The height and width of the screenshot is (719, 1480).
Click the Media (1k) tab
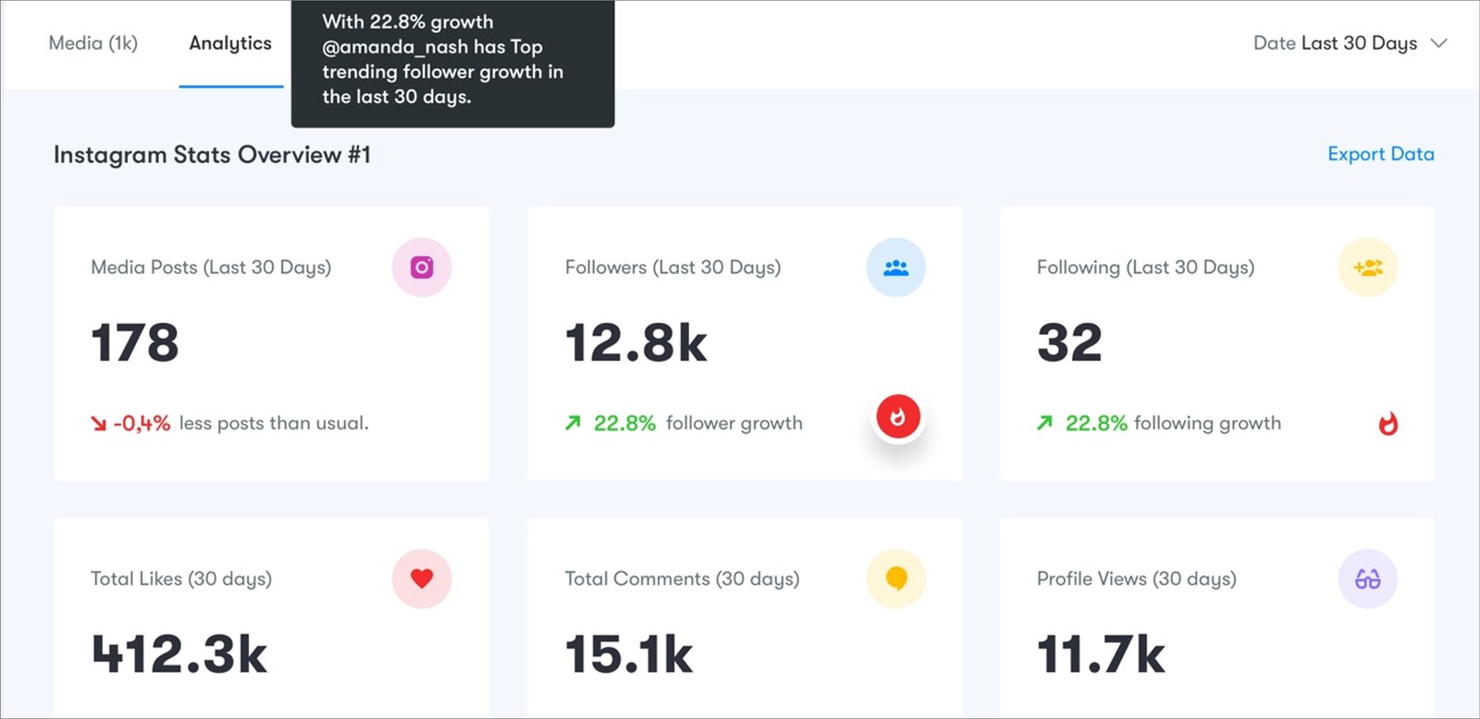[x=92, y=43]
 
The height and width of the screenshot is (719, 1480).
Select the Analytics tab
[x=230, y=43]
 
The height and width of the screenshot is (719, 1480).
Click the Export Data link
[x=1380, y=155]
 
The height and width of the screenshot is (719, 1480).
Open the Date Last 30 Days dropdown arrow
[x=1438, y=43]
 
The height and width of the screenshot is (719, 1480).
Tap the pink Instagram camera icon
[x=422, y=267]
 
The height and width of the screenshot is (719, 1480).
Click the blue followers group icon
[x=895, y=267]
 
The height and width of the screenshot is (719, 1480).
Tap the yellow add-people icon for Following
[x=1367, y=267]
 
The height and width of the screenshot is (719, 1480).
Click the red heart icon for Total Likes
[x=422, y=578]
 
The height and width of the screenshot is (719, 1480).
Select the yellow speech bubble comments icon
[x=895, y=578]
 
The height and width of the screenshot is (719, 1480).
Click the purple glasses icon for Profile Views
[x=1367, y=579]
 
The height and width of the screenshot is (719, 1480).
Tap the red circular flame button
[x=897, y=416]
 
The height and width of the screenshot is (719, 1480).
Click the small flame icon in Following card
[x=1387, y=424]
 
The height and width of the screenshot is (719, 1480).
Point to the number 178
[x=135, y=342]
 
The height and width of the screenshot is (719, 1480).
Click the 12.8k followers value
[x=636, y=342]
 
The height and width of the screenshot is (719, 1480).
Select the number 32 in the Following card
[x=1069, y=342]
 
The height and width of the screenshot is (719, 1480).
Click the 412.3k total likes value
[x=179, y=654]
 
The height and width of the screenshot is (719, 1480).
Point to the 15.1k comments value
[x=629, y=654]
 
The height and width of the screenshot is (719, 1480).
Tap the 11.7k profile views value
[x=1101, y=654]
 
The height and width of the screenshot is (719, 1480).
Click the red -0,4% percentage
[x=142, y=424]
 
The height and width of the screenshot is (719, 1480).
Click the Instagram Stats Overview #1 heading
[x=212, y=155]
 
